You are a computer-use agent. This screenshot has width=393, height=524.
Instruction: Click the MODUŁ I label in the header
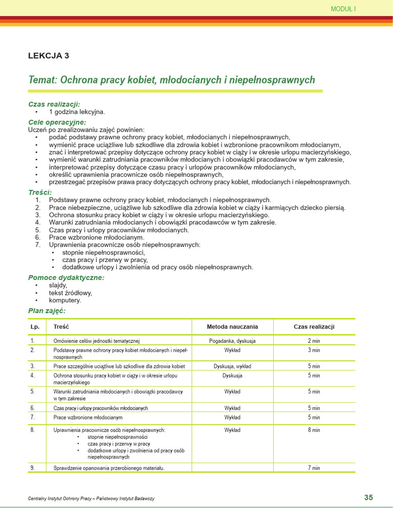pos(343,9)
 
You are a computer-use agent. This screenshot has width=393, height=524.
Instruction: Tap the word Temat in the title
pos(43,80)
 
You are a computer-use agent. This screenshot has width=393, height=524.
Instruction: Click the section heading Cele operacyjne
pos(57,122)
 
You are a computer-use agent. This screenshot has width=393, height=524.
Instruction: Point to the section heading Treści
pos(40,192)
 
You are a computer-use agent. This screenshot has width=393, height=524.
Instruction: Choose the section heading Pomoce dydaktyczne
pos(66,277)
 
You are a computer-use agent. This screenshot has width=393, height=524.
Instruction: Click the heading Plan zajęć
pos(47,311)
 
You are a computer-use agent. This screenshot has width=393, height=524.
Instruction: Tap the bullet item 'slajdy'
pos(58,285)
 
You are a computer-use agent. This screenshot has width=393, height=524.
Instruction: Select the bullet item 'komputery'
pos(65,300)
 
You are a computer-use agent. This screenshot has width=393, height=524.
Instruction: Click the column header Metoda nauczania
pos(232,326)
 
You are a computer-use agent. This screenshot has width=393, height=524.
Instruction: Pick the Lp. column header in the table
pos(35,326)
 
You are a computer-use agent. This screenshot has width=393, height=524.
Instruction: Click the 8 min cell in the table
pos(314,430)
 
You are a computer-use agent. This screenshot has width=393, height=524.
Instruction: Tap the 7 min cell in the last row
pos(314,468)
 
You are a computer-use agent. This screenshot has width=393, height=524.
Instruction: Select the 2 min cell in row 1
pos(314,341)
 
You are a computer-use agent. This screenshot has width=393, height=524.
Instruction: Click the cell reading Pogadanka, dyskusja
pos(232,341)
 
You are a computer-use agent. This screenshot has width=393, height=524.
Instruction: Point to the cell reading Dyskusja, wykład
pos(232,366)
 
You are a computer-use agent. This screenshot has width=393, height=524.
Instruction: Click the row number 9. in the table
pos(33,468)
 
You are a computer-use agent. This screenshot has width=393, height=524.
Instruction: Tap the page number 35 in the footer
pos(368,497)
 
